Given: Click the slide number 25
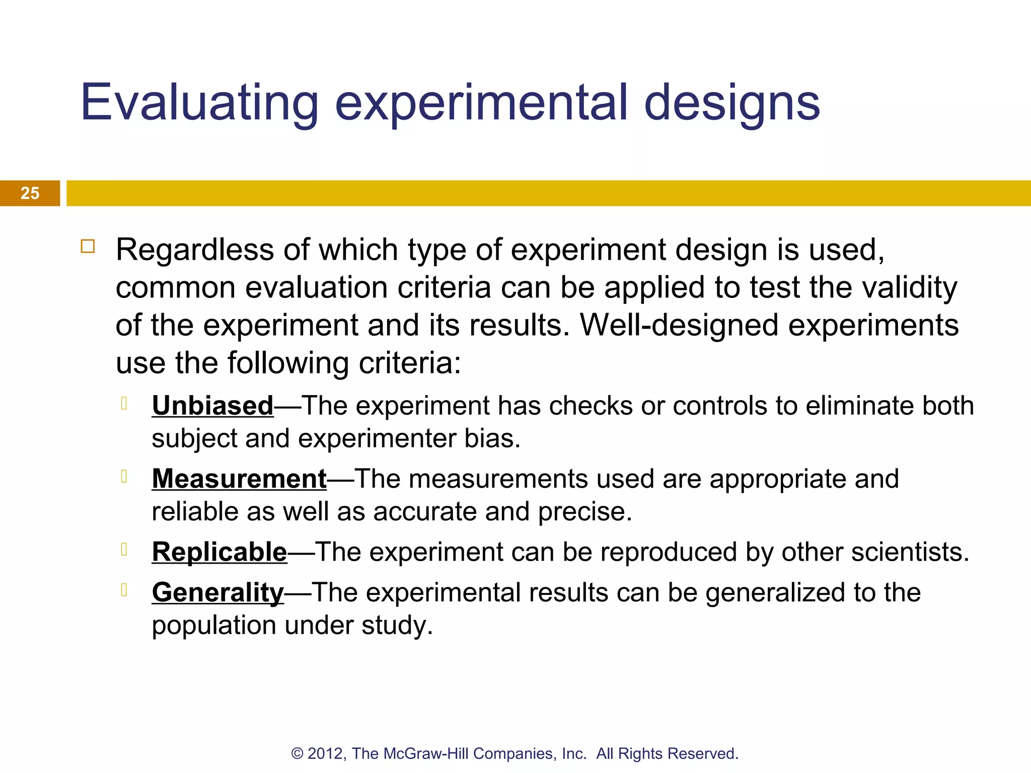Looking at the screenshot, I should [x=30, y=193].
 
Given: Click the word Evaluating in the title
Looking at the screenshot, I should [x=199, y=103].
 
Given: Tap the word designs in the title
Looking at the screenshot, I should [x=732, y=103].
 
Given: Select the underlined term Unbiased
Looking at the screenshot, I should [x=212, y=406].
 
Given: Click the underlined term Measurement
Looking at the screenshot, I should [x=239, y=479].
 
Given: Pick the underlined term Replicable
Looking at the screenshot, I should [x=219, y=552].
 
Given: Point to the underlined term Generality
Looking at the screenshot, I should [x=218, y=592].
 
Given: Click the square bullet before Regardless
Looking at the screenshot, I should [x=88, y=247].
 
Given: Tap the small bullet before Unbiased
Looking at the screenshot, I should [x=124, y=404].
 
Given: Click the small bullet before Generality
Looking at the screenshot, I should [x=124, y=590].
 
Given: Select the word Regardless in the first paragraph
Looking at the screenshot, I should [x=194, y=250].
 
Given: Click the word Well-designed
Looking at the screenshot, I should [x=679, y=326].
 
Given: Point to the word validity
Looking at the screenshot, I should [x=909, y=288].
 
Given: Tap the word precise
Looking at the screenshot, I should [x=584, y=512].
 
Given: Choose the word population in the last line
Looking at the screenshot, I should [x=213, y=626].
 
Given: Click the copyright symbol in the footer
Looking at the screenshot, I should [x=297, y=753].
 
